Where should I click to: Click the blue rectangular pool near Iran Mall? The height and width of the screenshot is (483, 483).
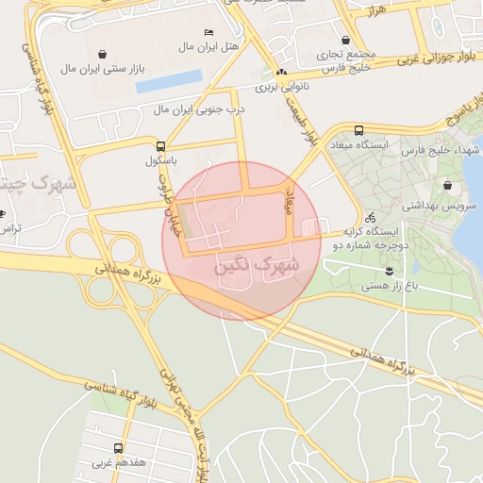169,82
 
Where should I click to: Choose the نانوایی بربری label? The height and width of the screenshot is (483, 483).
281,88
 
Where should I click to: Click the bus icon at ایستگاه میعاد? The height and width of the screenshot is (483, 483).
358,130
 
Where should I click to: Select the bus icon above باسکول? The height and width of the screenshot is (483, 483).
160,146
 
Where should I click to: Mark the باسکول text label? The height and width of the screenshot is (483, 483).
161,161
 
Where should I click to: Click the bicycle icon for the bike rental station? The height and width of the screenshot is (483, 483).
343,216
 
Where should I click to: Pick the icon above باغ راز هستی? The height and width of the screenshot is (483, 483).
389,271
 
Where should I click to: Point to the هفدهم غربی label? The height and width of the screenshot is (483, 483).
118,464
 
